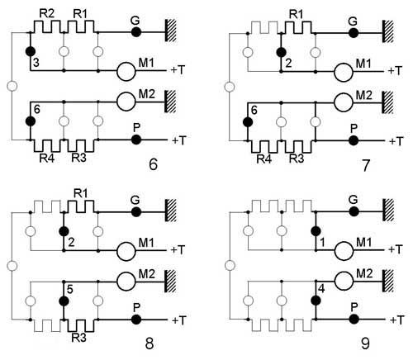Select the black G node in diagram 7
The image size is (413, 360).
coord(354,33)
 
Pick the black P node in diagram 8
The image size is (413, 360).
coord(136,320)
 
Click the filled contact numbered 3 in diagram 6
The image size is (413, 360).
coord(31,51)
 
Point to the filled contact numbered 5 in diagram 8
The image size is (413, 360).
coord(64,301)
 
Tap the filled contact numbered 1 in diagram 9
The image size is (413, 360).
coord(316,231)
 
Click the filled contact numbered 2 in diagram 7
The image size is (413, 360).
coord(281,52)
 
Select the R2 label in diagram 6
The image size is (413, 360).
coord(47,14)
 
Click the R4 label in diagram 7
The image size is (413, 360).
coord(264,159)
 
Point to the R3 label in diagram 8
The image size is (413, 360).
coord(79,338)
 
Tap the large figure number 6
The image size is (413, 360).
coord(153,164)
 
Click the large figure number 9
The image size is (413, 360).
coord(365,343)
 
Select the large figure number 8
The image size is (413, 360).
coord(149,343)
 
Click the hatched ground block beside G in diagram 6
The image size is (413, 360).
coord(170,31)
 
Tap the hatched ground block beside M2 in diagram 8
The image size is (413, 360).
coord(170,281)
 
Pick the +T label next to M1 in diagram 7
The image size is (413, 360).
coord(395,71)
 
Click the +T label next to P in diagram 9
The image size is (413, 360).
coord(396,320)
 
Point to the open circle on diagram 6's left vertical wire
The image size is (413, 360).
coord(12,86)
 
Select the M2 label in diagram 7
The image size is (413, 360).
coord(363,95)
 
